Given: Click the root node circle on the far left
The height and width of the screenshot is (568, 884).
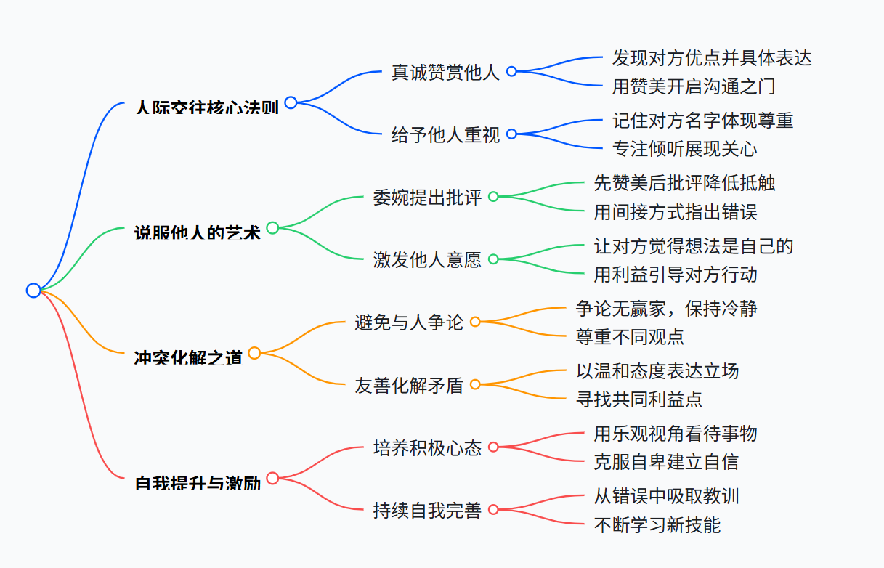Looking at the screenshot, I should pyautogui.click(x=33, y=291).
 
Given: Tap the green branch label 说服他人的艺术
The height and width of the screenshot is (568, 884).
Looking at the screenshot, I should pyautogui.click(x=198, y=232).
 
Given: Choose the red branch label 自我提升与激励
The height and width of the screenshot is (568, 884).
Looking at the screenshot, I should pyautogui.click(x=198, y=482).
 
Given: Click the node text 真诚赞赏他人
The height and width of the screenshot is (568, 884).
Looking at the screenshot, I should pyautogui.click(x=445, y=72).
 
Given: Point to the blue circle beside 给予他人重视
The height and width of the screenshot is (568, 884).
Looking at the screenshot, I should pyautogui.click(x=511, y=134).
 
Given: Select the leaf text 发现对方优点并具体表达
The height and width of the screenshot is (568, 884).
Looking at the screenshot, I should pyautogui.click(x=711, y=57).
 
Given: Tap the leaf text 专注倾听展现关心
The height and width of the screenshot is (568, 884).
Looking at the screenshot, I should pyautogui.click(x=684, y=149).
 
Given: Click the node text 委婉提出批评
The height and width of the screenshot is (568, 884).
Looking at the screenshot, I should pyautogui.click(x=427, y=197).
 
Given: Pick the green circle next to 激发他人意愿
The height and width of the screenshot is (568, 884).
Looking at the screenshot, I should pyautogui.click(x=493, y=259).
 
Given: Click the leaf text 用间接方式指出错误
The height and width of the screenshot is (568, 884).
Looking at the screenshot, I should pyautogui.click(x=675, y=212).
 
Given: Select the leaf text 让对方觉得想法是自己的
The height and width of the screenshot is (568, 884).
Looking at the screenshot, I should pyautogui.click(x=693, y=246).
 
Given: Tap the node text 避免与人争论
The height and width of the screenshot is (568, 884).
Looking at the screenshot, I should pyautogui.click(x=409, y=322).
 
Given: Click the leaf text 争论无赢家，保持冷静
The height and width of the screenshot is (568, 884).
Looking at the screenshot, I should pyautogui.click(x=666, y=308).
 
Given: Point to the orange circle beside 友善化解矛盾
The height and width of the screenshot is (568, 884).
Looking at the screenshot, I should pyautogui.click(x=475, y=384).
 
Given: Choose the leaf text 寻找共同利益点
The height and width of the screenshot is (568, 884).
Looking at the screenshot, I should pyautogui.click(x=638, y=399).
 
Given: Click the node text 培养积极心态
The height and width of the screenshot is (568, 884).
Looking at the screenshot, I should pyautogui.click(x=427, y=447).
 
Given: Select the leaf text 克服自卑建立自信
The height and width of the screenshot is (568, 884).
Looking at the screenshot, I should pyautogui.click(x=666, y=462).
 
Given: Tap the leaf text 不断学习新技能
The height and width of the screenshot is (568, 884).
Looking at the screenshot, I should pyautogui.click(x=657, y=524).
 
